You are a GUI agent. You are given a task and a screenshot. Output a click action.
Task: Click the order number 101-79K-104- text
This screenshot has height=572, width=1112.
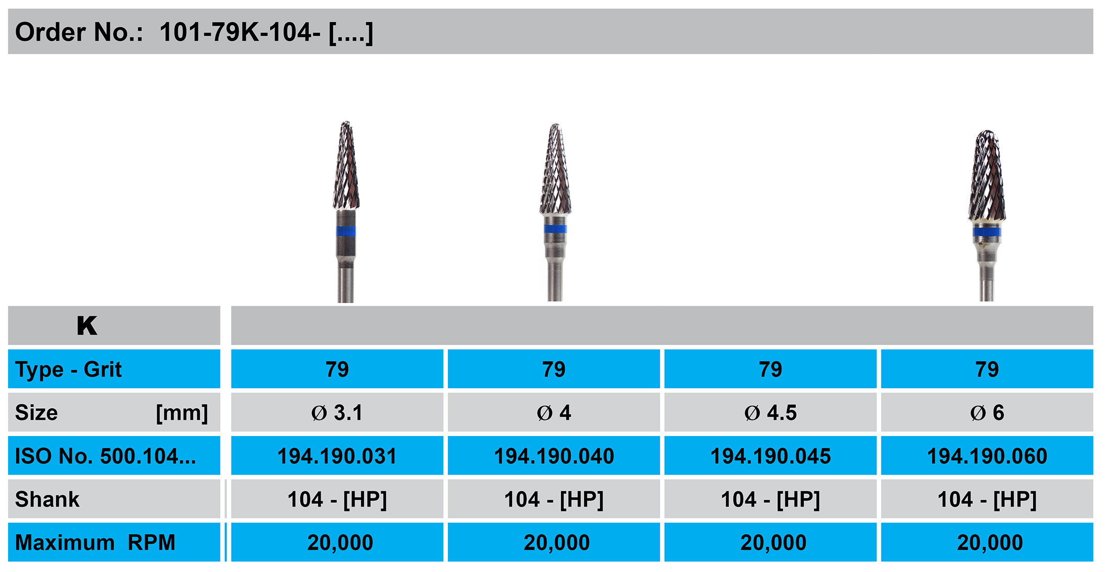[240, 32]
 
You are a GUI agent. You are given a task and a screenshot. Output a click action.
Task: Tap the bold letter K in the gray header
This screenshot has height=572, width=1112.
[87, 325]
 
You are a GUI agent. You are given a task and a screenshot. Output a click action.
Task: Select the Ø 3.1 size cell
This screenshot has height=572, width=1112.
[337, 413]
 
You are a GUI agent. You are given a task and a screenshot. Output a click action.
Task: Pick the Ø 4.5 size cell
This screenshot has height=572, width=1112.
[770, 413]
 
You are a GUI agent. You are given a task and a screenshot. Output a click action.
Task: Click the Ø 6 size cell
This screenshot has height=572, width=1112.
[987, 413]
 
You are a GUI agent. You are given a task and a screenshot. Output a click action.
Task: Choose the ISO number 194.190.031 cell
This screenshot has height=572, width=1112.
[337, 456]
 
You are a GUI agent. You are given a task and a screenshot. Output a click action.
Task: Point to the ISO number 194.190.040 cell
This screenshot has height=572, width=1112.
[554, 456]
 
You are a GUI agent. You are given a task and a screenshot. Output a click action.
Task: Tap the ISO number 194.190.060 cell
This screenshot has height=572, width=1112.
[987, 456]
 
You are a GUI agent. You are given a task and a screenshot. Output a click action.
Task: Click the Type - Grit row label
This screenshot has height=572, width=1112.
[68, 369]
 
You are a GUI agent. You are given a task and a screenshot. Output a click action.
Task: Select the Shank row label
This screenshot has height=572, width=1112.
[47, 499]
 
